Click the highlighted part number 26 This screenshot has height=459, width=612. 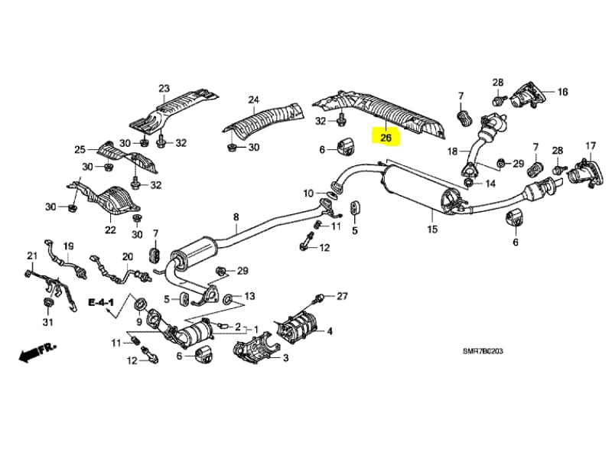click(x=386, y=138)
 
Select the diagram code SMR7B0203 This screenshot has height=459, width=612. click(x=483, y=351)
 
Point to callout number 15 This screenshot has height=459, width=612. click(x=431, y=229)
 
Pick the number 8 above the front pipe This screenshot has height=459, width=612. click(x=236, y=217)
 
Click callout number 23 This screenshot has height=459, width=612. click(x=164, y=89)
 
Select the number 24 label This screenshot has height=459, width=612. click(x=254, y=99)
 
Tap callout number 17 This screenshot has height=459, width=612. click(x=590, y=145)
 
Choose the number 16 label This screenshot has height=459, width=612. click(x=562, y=92)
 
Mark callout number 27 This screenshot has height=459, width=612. click(x=342, y=296)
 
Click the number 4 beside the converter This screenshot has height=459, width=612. click(x=330, y=331)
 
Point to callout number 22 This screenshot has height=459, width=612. click(x=110, y=229)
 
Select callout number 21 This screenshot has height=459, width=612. click(x=31, y=256)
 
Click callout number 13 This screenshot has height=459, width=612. click(x=249, y=296)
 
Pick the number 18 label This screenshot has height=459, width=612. click(x=452, y=151)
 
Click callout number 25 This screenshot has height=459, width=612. click(x=80, y=149)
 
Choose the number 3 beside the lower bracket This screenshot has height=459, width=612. click(x=285, y=357)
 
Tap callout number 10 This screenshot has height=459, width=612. click(x=308, y=193)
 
